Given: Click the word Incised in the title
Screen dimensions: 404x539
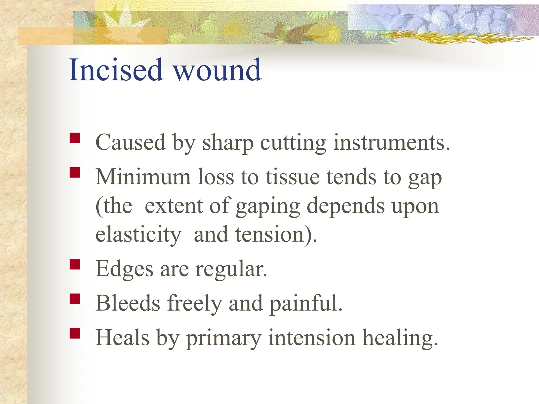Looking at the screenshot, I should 116,70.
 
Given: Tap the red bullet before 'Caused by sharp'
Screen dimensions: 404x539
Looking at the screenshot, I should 75,138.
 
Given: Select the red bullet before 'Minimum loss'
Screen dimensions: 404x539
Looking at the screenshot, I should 75,173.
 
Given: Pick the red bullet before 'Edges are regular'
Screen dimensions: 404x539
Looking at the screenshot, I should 75,264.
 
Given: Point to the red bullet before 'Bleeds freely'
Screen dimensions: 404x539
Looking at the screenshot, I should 75,299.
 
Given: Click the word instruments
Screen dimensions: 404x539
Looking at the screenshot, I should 392,143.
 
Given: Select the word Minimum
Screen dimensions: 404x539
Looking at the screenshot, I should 143,177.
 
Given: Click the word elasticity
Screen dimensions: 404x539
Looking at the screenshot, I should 138,235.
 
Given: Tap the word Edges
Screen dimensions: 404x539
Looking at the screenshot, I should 124,269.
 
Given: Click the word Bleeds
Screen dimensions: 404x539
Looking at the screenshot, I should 128,303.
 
